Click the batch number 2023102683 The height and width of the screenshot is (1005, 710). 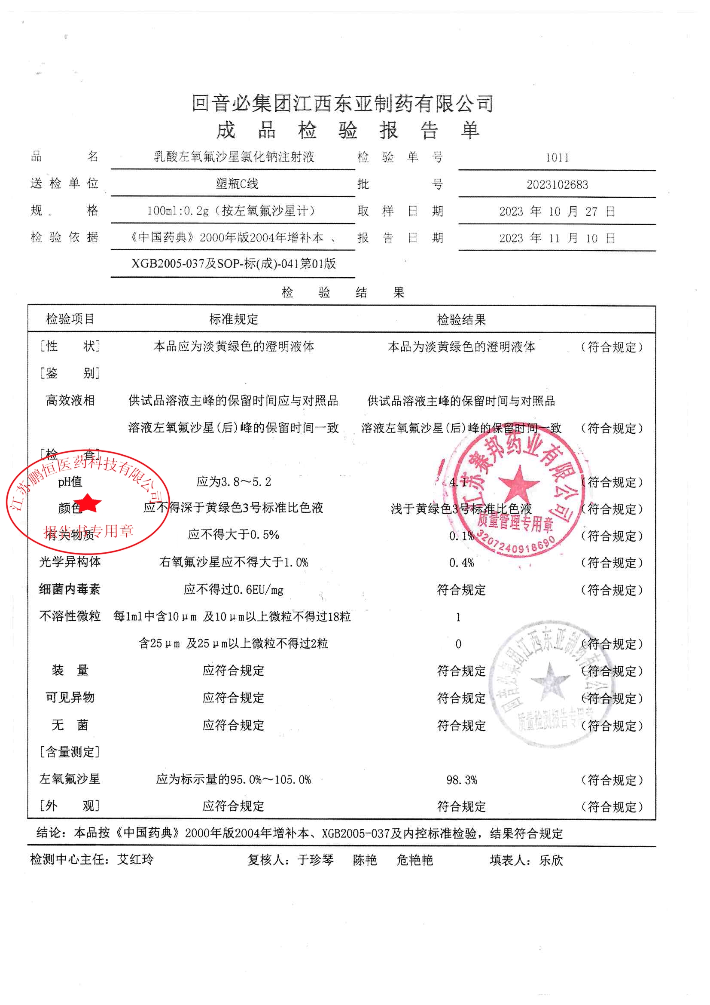[557, 185]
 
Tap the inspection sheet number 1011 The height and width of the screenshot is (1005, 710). [557, 158]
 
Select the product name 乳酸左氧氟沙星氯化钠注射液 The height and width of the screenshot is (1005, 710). [234, 157]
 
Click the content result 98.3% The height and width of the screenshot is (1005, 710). [462, 780]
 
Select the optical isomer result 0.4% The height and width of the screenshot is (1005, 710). [462, 563]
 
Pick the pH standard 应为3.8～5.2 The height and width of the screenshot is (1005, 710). [234, 482]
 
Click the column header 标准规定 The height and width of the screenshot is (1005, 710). [234, 319]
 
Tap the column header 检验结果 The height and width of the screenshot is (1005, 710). [462, 320]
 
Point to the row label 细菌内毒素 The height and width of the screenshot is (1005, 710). [70, 590]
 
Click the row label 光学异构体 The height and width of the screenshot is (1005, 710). [70, 562]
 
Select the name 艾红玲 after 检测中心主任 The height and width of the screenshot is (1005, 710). [136, 860]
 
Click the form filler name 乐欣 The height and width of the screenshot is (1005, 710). [551, 861]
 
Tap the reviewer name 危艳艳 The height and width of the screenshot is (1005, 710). [415, 861]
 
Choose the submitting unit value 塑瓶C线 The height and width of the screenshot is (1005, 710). [237, 184]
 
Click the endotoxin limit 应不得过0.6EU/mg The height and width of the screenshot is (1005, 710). [234, 590]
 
